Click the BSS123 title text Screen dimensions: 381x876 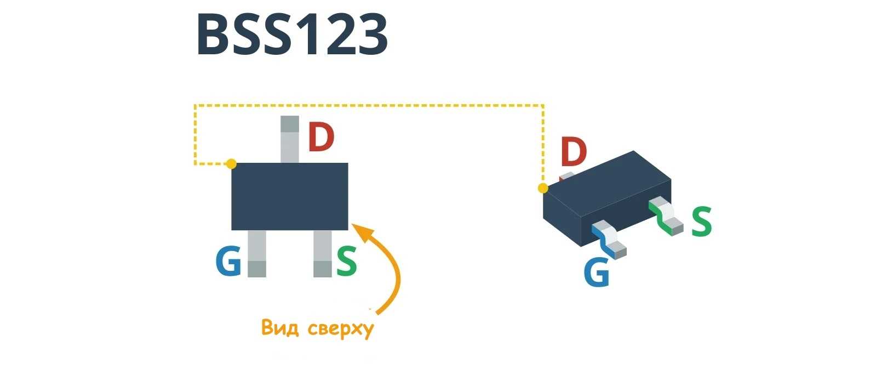(291, 35)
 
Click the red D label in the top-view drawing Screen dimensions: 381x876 (320, 138)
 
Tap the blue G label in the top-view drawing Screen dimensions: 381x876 (228, 261)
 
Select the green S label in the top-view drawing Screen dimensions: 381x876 (346, 261)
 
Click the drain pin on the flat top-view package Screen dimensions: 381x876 (289, 140)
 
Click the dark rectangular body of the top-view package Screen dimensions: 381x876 (289, 196)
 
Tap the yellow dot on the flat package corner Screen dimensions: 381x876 (232, 163)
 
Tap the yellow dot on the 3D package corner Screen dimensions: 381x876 (542, 188)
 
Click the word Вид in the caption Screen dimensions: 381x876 (280, 327)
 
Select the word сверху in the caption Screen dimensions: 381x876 (340, 328)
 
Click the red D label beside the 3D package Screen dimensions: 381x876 (573, 152)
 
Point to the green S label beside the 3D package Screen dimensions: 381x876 (701, 221)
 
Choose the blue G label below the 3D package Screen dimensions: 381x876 (597, 271)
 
